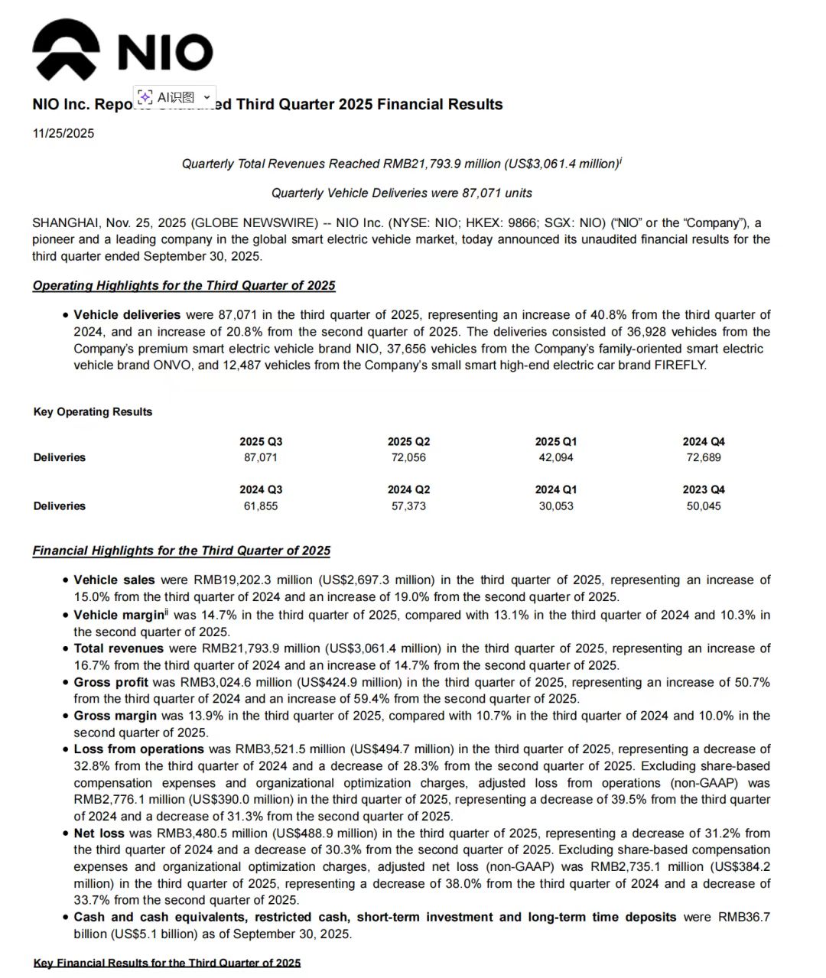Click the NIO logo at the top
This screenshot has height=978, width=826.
click(x=122, y=50)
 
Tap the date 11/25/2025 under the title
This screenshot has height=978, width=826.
click(x=63, y=133)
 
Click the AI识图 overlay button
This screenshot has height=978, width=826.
click(x=175, y=97)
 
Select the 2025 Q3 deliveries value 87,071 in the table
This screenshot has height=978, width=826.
click(x=261, y=457)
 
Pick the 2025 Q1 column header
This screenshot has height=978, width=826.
click(x=556, y=441)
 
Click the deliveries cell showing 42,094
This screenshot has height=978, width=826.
click(x=556, y=457)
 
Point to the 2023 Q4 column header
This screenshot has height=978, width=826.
click(x=704, y=489)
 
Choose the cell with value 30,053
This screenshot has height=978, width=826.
click(x=556, y=506)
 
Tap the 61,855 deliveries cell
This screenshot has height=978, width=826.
click(x=261, y=506)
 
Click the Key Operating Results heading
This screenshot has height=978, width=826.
click(x=93, y=411)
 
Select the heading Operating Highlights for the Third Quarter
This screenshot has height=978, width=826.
click(x=184, y=285)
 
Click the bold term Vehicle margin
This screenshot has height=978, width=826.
click(x=119, y=615)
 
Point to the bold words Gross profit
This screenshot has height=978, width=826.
click(x=112, y=682)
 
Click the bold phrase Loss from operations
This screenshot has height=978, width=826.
click(x=138, y=749)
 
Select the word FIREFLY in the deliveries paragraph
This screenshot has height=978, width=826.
click(x=680, y=365)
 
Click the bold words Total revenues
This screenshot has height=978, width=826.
click(x=119, y=648)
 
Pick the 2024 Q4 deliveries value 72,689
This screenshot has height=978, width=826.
click(x=704, y=457)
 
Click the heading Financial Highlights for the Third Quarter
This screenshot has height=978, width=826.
click(x=181, y=551)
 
